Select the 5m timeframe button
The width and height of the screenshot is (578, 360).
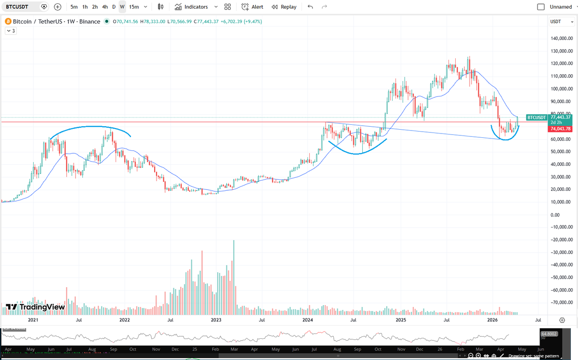74,7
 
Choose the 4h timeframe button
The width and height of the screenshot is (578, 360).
105,7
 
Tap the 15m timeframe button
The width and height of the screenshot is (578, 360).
134,7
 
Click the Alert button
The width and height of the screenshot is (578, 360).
252,7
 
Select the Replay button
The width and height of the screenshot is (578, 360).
284,7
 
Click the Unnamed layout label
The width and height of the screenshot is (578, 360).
561,7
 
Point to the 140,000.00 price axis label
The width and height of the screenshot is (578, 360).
561,39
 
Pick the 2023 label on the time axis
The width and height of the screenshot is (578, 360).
216,320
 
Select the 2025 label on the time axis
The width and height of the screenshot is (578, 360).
400,320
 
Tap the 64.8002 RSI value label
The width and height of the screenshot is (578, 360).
549,333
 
